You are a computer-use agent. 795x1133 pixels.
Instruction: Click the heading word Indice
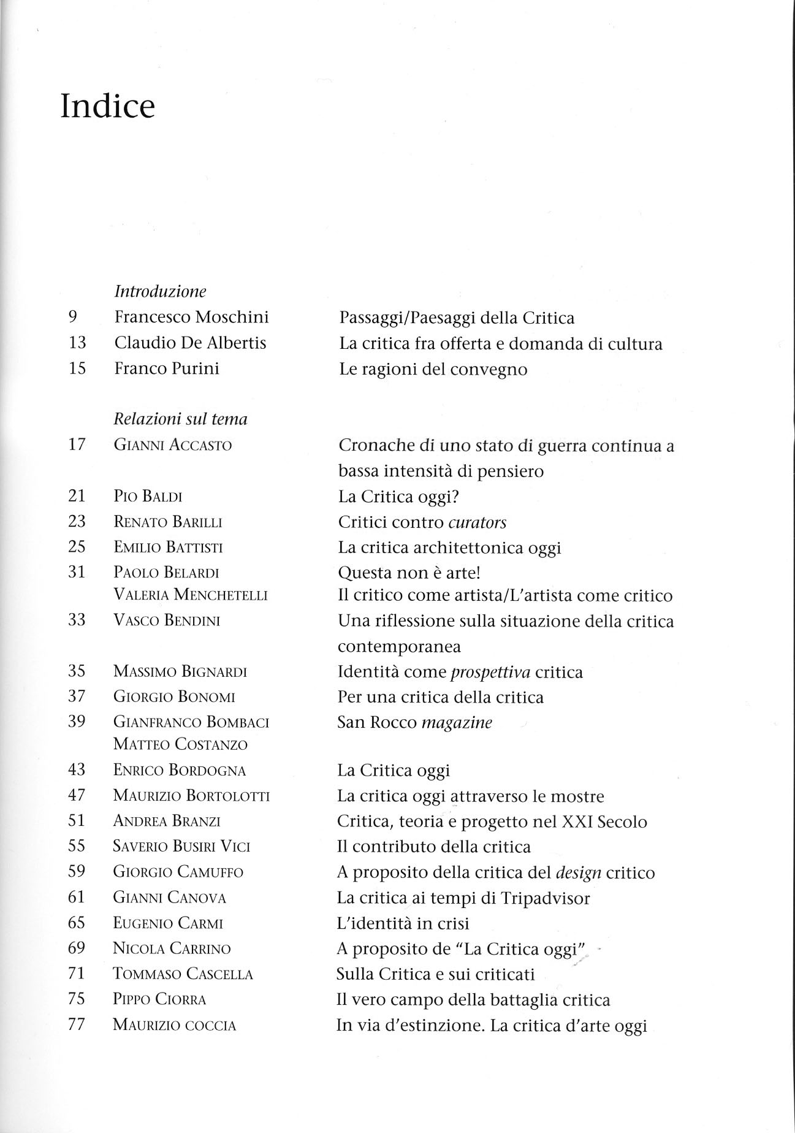[108, 107]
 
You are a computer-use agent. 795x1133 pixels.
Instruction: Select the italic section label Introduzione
[160, 291]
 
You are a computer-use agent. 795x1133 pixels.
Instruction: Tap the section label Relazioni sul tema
[181, 419]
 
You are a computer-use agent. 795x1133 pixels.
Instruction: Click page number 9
[72, 317]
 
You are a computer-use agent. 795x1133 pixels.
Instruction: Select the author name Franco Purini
[167, 368]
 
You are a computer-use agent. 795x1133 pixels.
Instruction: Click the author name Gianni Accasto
[173, 445]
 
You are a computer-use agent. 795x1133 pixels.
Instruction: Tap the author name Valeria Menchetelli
[191, 595]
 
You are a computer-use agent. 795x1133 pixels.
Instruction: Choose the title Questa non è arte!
[409, 573]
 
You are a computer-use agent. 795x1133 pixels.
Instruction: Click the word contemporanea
[399, 646]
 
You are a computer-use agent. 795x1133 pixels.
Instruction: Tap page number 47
[77, 795]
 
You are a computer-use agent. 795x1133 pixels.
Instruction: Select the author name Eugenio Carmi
[168, 923]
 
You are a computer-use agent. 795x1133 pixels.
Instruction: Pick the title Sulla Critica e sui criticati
[436, 974]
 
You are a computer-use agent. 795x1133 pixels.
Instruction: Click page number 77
[77, 1024]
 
